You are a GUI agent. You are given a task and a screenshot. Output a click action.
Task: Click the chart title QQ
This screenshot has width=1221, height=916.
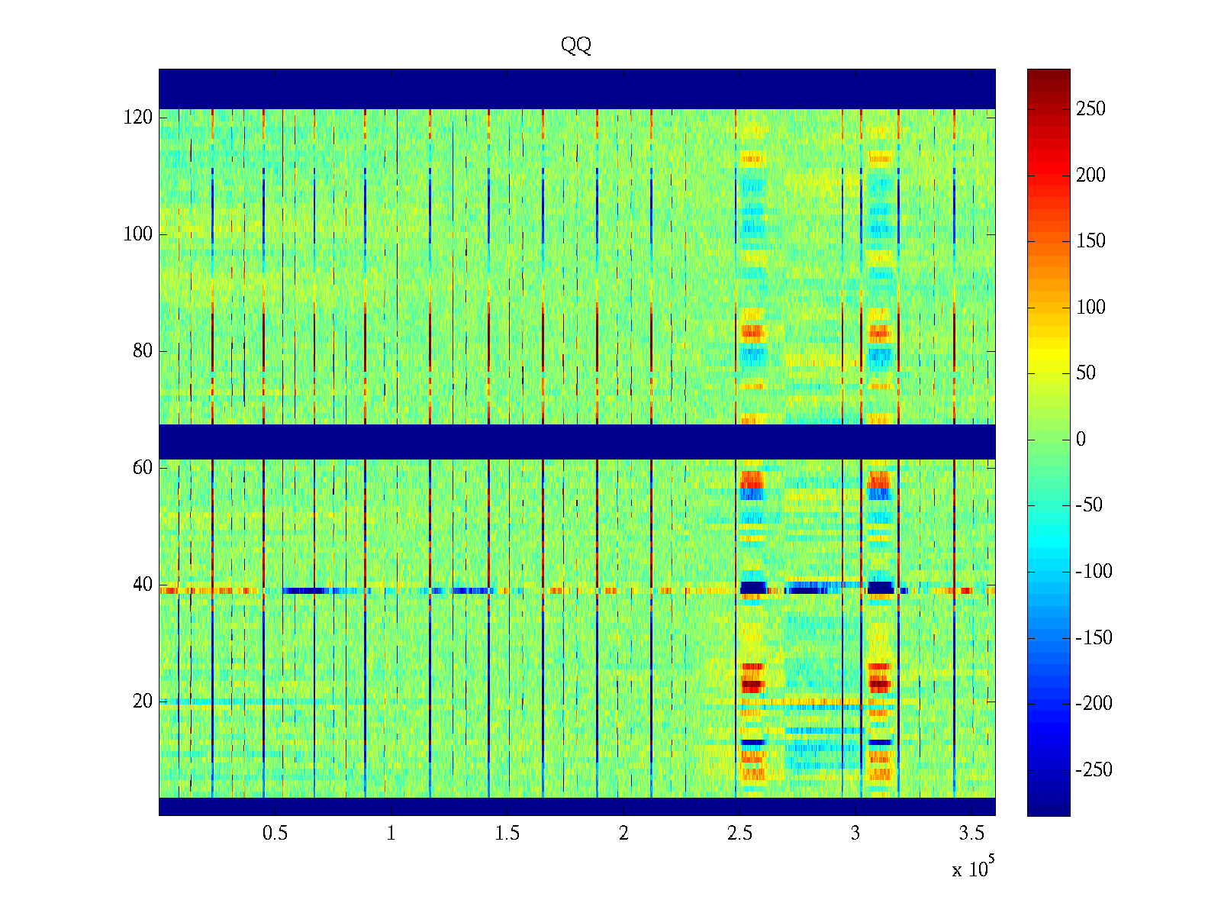pos(576,46)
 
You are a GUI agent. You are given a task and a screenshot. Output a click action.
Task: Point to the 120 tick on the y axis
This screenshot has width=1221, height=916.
pos(138,118)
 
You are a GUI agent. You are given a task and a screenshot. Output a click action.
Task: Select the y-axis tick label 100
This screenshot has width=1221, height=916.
pos(138,234)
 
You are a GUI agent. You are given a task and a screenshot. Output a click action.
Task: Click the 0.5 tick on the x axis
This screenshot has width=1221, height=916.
pos(275,834)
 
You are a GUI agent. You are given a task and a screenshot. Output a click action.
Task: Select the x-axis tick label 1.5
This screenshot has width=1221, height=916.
pos(507,834)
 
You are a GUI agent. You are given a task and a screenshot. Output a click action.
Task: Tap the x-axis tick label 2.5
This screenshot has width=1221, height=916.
pos(739,834)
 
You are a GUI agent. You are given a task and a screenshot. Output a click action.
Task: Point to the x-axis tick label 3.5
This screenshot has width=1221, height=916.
pos(971,834)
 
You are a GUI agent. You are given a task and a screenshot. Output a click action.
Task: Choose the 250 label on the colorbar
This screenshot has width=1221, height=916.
pos(1091,109)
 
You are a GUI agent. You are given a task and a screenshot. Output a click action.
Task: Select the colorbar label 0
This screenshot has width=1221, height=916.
pos(1081,440)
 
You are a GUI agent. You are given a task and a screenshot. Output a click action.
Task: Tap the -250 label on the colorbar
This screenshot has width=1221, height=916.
pos(1094,770)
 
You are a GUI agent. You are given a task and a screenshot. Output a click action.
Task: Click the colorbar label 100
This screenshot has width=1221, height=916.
pos(1091,308)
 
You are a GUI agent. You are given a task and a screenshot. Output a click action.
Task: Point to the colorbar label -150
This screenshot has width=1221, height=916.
pos(1094,638)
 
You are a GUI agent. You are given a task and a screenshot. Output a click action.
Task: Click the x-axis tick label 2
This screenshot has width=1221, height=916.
pos(623,834)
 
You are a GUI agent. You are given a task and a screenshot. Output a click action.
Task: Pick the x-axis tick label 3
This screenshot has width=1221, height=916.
pos(855,834)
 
